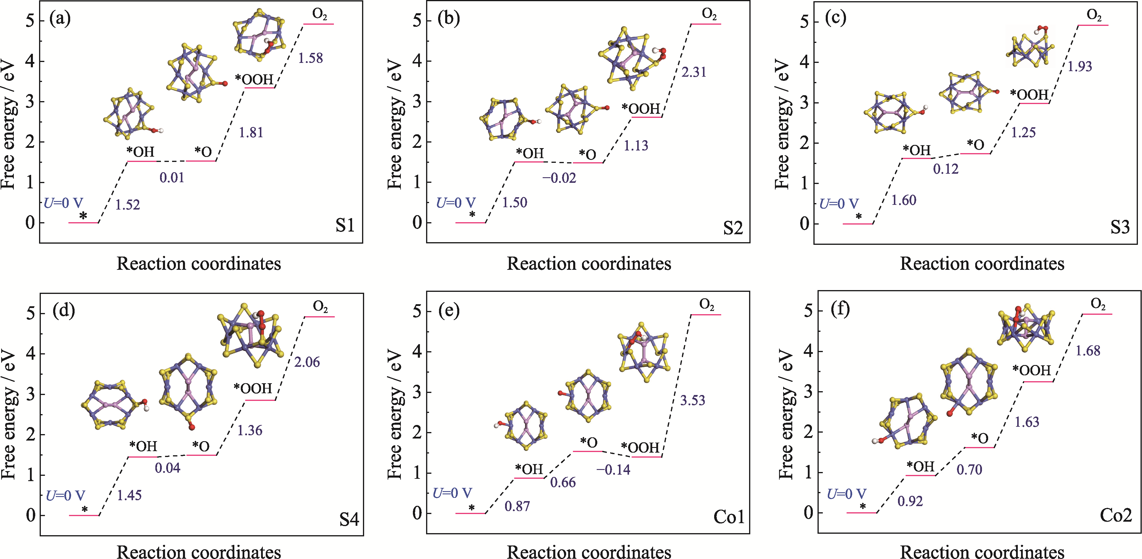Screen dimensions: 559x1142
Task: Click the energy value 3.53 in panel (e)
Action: [x=692, y=400]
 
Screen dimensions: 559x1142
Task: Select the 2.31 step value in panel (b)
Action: [x=694, y=72]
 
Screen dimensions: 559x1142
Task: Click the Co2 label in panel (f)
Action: [x=1115, y=515]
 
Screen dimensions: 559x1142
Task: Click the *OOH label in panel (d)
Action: [x=253, y=389]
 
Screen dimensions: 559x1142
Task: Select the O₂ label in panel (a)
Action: [x=319, y=14]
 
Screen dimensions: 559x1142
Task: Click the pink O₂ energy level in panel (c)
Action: [x=1093, y=25]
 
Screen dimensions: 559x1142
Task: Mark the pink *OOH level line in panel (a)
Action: [x=259, y=88]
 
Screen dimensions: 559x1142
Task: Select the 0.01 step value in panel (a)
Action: [x=171, y=178]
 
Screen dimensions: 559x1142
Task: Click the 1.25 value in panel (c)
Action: [x=1023, y=133]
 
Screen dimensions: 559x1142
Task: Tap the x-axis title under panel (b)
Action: [x=589, y=264]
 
